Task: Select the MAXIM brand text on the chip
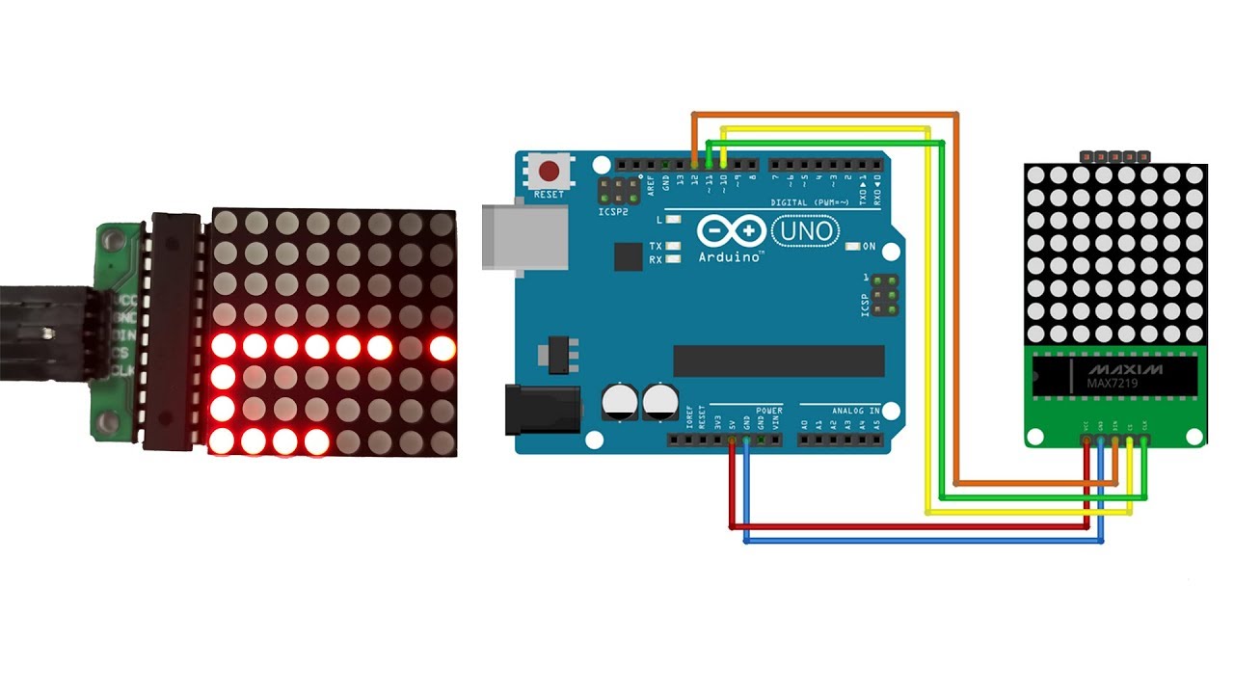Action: tap(1125, 370)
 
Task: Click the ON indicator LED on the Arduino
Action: tap(851, 247)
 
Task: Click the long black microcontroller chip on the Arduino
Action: tap(778, 360)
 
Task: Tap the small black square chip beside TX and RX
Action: tap(628, 256)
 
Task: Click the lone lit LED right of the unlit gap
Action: tap(443, 347)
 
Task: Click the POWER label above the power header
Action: tap(769, 410)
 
